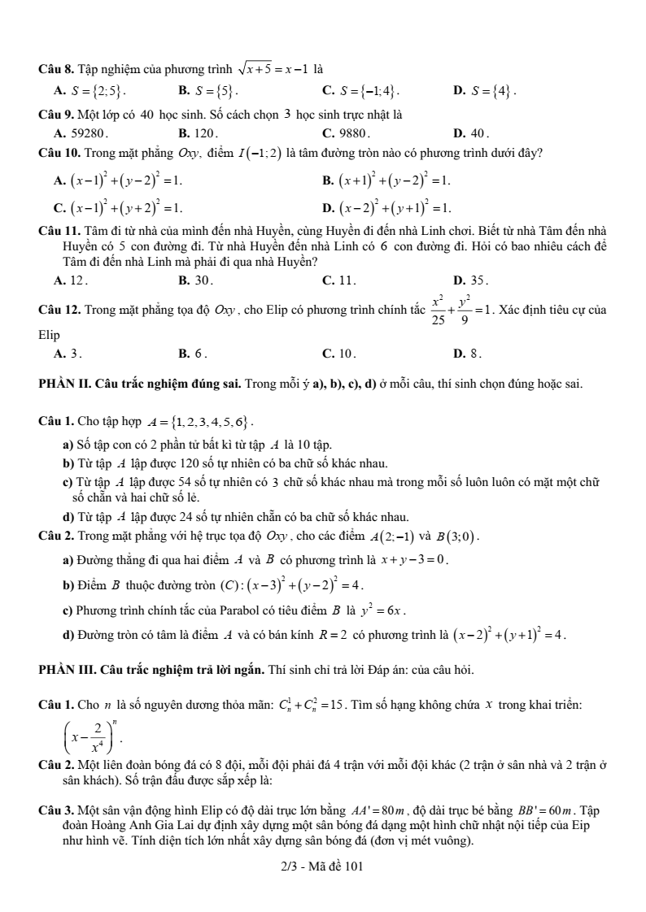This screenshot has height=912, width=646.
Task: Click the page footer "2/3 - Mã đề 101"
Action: click(322, 866)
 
